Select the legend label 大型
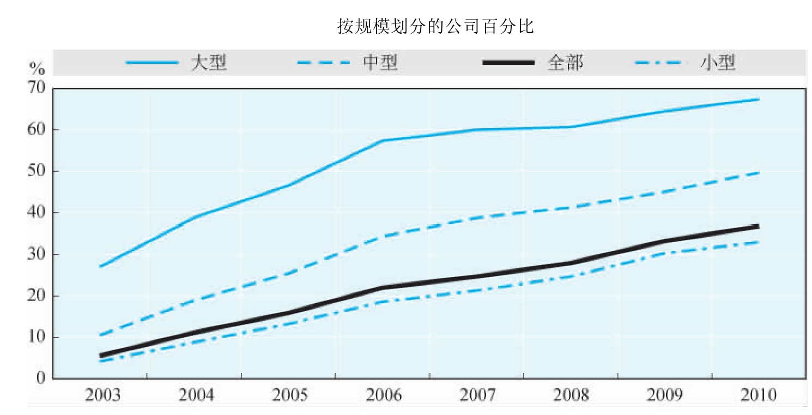[209, 63]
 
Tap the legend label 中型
[380, 63]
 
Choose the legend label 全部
[565, 63]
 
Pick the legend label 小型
[718, 63]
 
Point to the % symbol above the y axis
[37, 69]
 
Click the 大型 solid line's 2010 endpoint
[759, 99]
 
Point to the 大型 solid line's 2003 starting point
[100, 266]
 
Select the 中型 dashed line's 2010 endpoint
[759, 173]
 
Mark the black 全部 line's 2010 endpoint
[758, 226]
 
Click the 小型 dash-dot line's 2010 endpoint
[759, 242]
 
